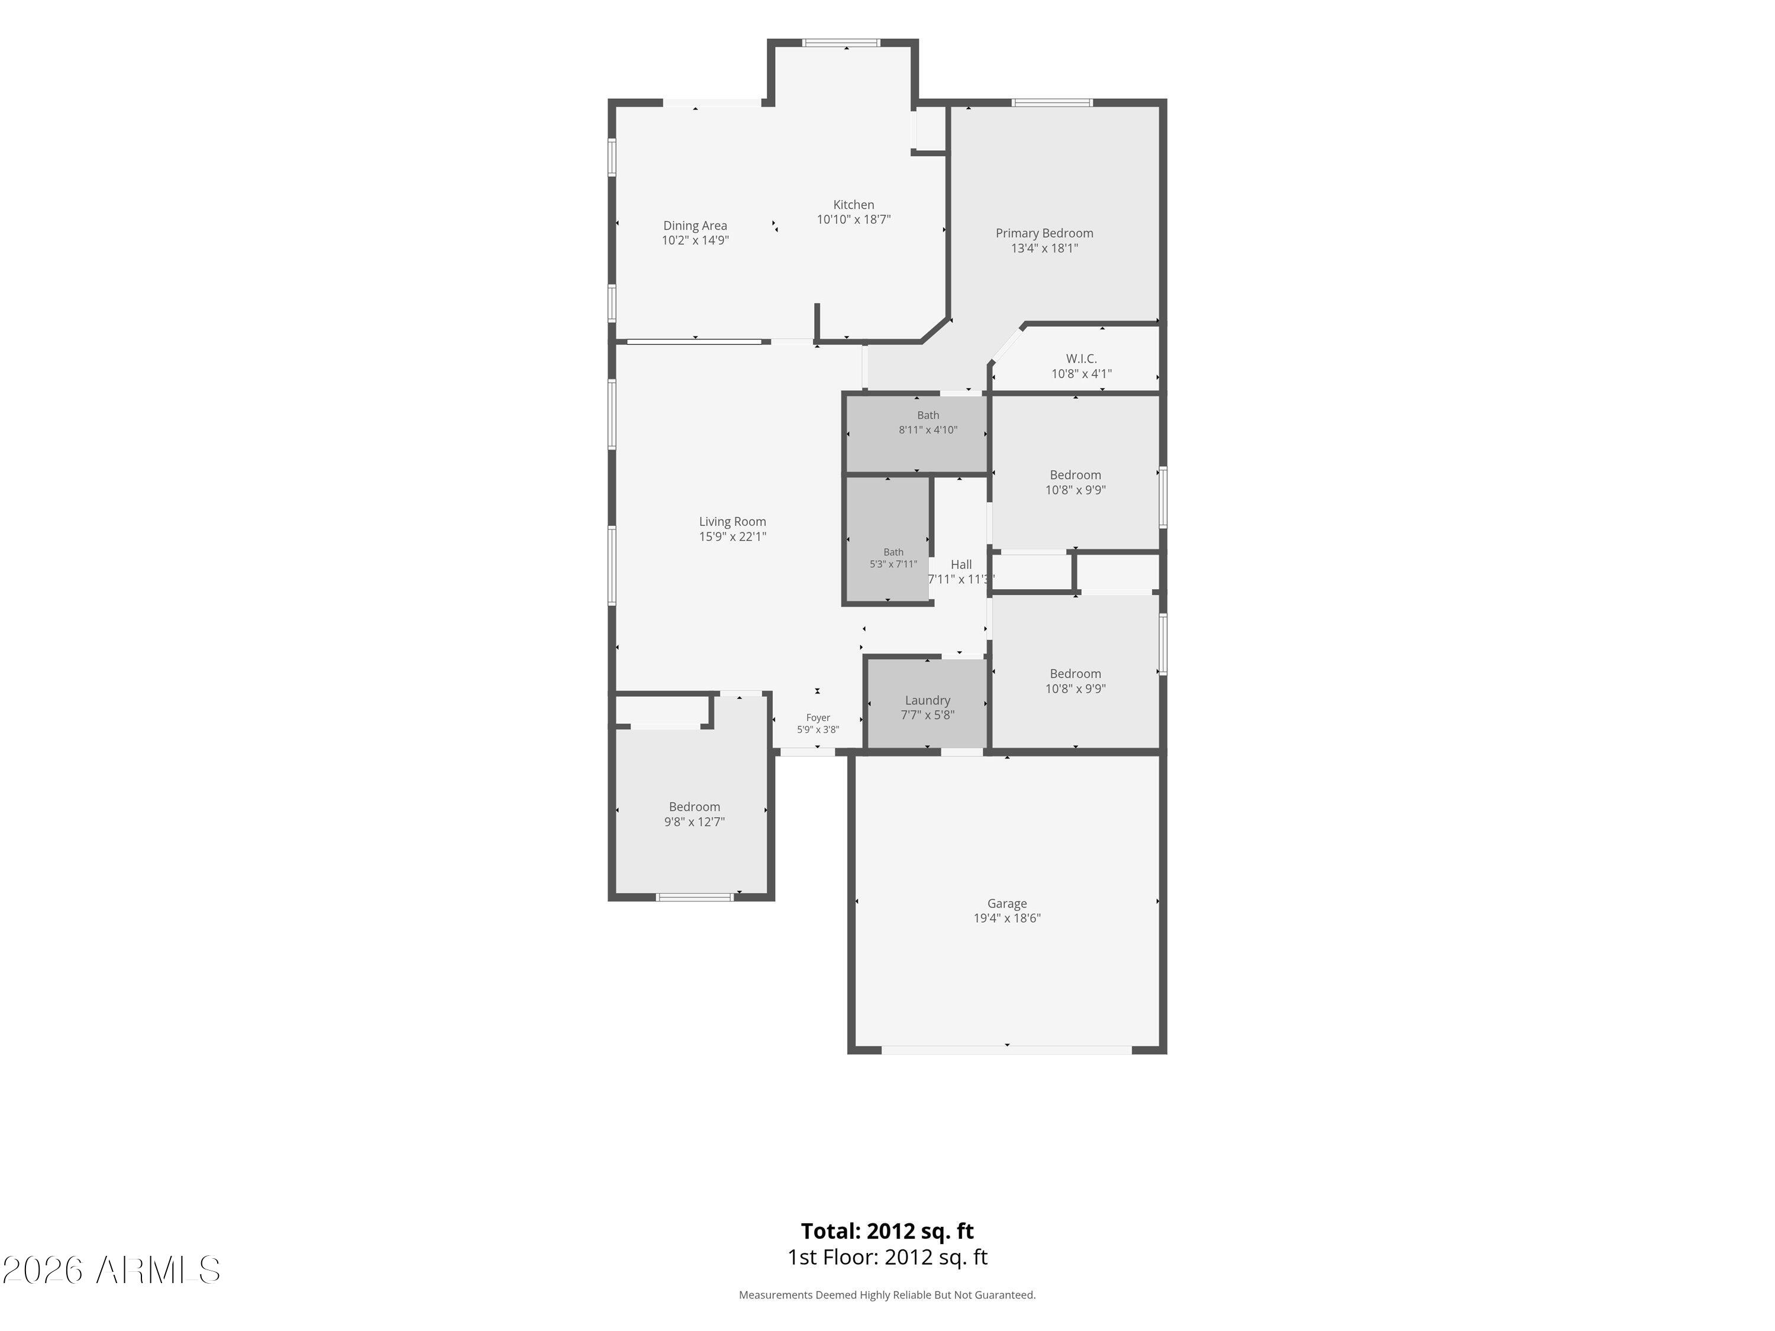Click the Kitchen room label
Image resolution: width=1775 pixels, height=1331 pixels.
[853, 205]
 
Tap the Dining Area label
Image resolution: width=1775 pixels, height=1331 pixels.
[695, 225]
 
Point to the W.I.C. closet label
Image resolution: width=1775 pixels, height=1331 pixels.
[1081, 358]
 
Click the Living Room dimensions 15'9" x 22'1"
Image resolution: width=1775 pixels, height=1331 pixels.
[732, 537]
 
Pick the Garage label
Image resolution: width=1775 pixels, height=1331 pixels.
[1007, 903]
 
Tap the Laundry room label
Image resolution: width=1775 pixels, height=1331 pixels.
[928, 700]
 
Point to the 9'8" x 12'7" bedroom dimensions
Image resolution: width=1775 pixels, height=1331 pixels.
[694, 822]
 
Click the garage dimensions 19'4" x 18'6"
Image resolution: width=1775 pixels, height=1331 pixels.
[1007, 918]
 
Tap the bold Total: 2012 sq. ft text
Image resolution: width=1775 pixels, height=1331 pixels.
[887, 1230]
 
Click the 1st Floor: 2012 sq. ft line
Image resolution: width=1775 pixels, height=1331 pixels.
[887, 1257]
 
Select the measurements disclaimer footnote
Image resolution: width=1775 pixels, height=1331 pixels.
[887, 1295]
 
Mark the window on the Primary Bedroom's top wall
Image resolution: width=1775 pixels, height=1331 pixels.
[1052, 103]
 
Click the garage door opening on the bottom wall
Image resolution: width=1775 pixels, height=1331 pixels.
[1007, 1049]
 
